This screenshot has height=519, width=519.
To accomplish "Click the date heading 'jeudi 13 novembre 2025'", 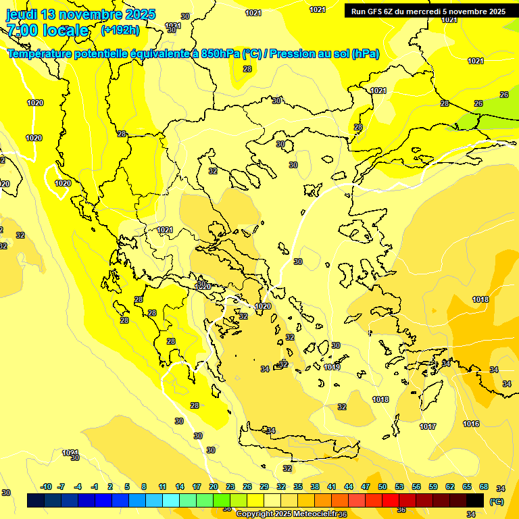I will [x=80, y=14].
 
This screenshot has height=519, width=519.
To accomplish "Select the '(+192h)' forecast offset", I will [x=121, y=30].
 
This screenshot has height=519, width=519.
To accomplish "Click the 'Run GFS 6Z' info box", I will [x=428, y=11].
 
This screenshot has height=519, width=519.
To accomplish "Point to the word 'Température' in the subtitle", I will [x=41, y=53].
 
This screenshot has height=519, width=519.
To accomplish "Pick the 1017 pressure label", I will [x=427, y=426].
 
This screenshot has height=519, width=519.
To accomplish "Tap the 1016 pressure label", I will [x=471, y=424].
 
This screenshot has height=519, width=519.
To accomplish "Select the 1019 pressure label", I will [x=332, y=367].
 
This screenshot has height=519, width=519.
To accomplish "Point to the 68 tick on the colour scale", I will [x=484, y=487].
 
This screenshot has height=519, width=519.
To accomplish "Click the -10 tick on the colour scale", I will [x=47, y=487].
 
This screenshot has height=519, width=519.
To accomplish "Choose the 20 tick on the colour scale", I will [x=214, y=487].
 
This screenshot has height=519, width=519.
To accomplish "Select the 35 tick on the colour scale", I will [x=298, y=487].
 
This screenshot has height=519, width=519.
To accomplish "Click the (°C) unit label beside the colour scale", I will [x=497, y=501].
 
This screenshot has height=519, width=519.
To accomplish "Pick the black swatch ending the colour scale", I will [x=475, y=500].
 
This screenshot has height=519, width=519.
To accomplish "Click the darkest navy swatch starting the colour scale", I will [x=36, y=500].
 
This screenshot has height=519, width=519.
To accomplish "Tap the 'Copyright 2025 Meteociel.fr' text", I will [x=287, y=514].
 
